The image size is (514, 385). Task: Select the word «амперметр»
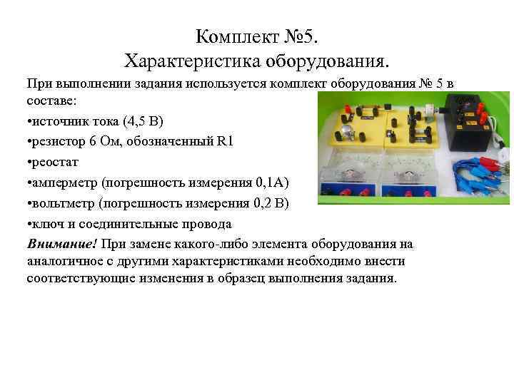coord(67,183)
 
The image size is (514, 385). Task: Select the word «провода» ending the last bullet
coord(206,224)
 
